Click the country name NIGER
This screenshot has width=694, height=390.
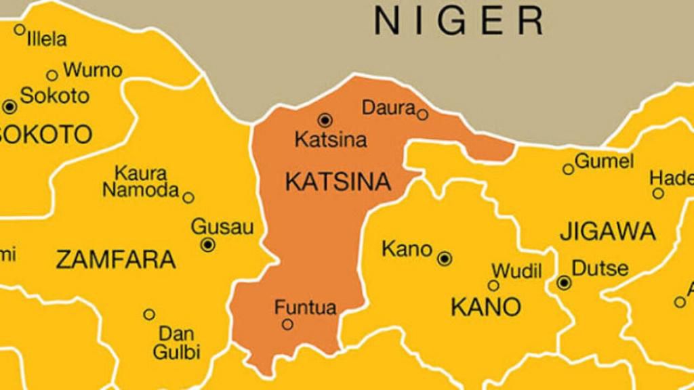tap(459, 21)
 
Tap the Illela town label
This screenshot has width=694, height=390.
tap(47, 39)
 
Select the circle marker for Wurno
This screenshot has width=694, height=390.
tap(52, 75)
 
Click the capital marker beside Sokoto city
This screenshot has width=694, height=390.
tap(9, 106)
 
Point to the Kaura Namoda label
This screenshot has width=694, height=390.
tap(140, 181)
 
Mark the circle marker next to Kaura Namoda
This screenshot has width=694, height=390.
tap(188, 198)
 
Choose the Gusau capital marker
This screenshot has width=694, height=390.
tap(208, 244)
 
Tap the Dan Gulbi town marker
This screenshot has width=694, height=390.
tap(149, 314)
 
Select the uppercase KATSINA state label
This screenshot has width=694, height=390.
tap(338, 181)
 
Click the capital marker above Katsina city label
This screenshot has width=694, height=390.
tap(325, 121)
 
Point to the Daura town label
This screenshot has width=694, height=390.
tap(388, 107)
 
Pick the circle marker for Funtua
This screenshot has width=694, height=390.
tap(287, 324)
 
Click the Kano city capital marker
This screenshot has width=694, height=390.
tap(445, 258)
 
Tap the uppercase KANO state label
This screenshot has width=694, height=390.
tap(486, 307)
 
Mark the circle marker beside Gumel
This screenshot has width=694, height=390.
tap(568, 169)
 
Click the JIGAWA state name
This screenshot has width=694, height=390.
tap(608, 232)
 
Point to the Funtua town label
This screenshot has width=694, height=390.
tap(305, 307)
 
